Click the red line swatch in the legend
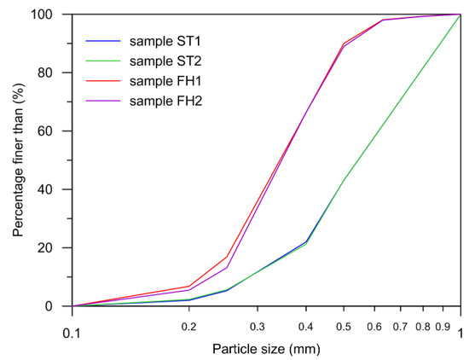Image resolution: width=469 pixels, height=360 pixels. [103, 81]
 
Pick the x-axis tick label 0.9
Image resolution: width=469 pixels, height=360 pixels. [443, 325]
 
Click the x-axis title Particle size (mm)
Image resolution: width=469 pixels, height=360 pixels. [266, 349]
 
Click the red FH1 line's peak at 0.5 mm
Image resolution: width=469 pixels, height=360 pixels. [344, 43]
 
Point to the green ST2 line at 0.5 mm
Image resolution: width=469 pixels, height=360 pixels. [344, 180]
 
